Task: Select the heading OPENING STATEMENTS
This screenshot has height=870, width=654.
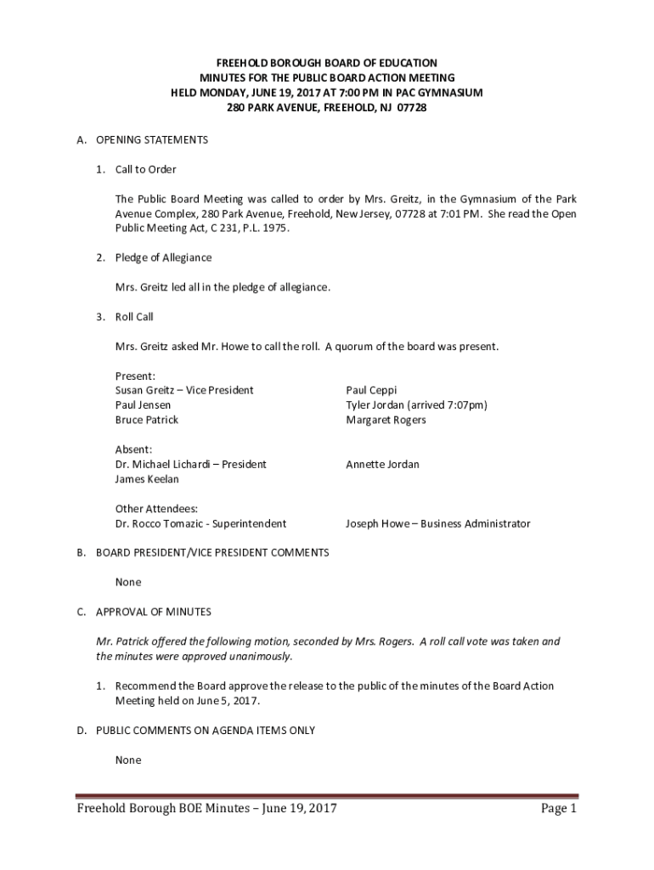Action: tap(152, 139)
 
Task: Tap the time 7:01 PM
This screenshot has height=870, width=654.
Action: tap(440, 214)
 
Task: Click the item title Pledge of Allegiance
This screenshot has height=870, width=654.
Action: tap(164, 257)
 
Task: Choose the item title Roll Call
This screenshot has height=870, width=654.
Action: tap(134, 317)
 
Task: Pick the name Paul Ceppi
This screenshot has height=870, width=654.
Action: tap(371, 390)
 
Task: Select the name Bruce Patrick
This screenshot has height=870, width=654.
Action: tap(147, 420)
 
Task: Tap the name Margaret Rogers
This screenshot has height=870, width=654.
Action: tap(386, 420)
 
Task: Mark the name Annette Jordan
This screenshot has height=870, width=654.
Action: tap(382, 465)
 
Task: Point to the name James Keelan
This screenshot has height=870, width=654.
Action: tap(147, 479)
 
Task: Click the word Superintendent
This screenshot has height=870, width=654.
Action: tap(250, 524)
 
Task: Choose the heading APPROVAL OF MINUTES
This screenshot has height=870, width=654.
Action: tap(154, 612)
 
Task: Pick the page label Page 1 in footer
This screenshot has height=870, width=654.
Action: tap(559, 809)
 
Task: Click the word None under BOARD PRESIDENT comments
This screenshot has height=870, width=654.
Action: tap(128, 582)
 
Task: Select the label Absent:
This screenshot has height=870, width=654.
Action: tap(133, 449)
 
